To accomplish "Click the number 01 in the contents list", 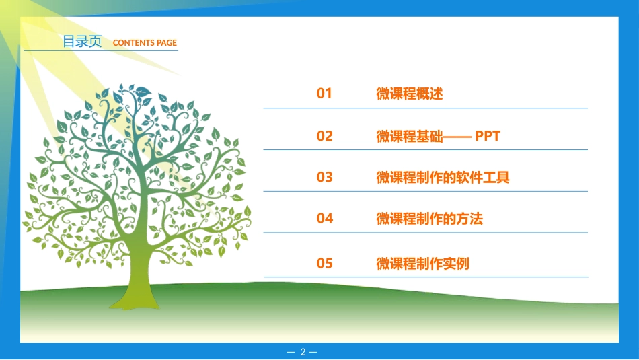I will pyautogui.click(x=324, y=94).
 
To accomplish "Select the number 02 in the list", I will pyautogui.click(x=324, y=136).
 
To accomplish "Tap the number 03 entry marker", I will pyautogui.click(x=324, y=178).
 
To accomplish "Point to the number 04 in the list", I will pyautogui.click(x=324, y=219).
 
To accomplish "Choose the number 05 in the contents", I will pyautogui.click(x=324, y=264).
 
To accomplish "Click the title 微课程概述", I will pyautogui.click(x=409, y=94).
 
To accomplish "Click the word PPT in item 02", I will pyautogui.click(x=488, y=136).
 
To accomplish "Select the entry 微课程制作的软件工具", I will pyautogui.click(x=443, y=178).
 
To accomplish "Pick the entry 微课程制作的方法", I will pyautogui.click(x=429, y=219).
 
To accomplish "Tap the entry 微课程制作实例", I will pyautogui.click(x=422, y=264).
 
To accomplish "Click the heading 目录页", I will pyautogui.click(x=82, y=42).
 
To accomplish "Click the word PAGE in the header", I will pyautogui.click(x=166, y=43).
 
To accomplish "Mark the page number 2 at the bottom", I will pyautogui.click(x=303, y=352).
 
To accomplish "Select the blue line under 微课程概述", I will pyautogui.click(x=425, y=108).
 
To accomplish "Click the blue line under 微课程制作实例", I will pyautogui.click(x=425, y=277).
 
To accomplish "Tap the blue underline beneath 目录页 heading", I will pyautogui.click(x=101, y=51).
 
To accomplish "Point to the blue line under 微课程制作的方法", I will pyautogui.click(x=425, y=233).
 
